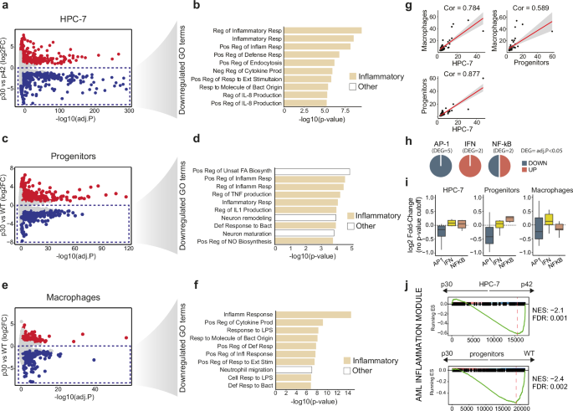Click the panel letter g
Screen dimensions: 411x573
422,9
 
